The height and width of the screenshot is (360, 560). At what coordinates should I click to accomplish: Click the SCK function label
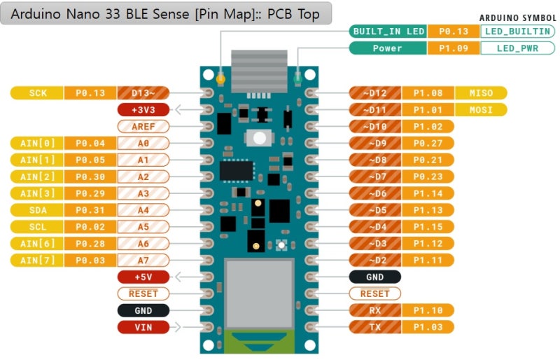pos(38,92)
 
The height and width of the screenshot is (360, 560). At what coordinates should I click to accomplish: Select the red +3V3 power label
pos(143,109)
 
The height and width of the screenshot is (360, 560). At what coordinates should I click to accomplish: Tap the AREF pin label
pos(143,126)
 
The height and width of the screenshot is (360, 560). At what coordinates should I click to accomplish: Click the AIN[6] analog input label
pos(38,244)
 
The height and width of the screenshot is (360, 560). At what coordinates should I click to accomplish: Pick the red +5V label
pos(143,277)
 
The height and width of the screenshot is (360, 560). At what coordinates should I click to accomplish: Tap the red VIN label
pos(143,327)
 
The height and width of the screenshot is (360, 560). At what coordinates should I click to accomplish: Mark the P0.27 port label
pos(428,143)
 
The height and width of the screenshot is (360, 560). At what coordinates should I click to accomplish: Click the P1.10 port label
pos(428,310)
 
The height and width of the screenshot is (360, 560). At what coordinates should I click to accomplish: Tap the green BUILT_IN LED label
pos(388,32)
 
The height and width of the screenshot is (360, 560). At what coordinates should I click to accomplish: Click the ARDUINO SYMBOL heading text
pos(518,18)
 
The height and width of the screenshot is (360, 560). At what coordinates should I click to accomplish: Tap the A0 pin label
pos(143,143)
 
